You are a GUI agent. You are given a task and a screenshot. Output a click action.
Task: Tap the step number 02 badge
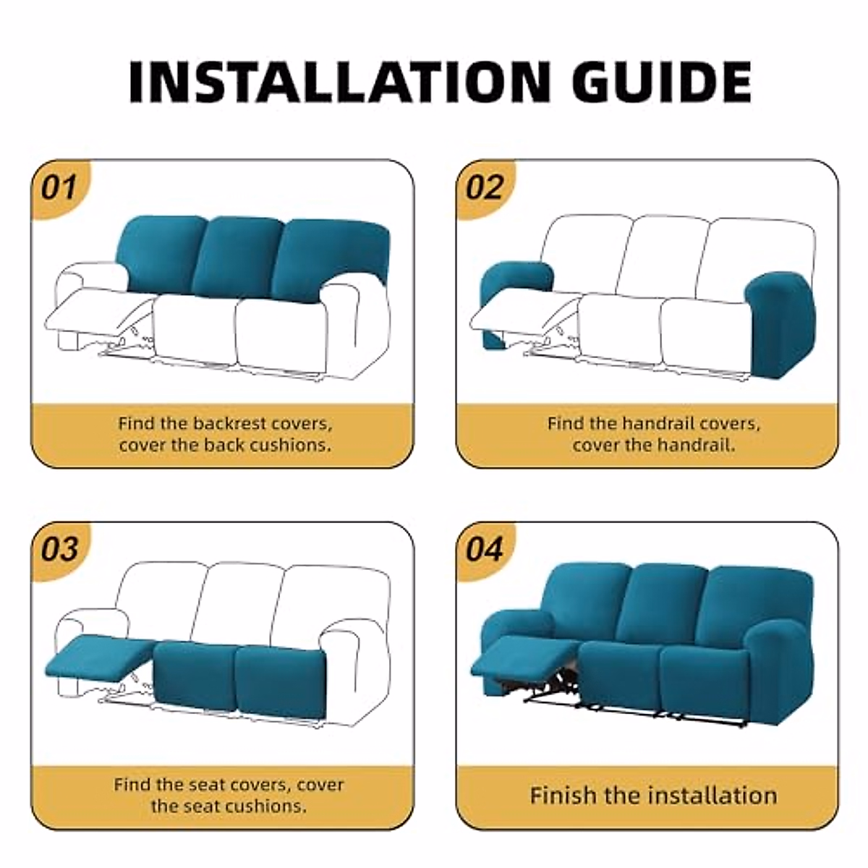(x=484, y=187)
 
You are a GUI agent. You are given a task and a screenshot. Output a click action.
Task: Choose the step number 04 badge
(x=484, y=549)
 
